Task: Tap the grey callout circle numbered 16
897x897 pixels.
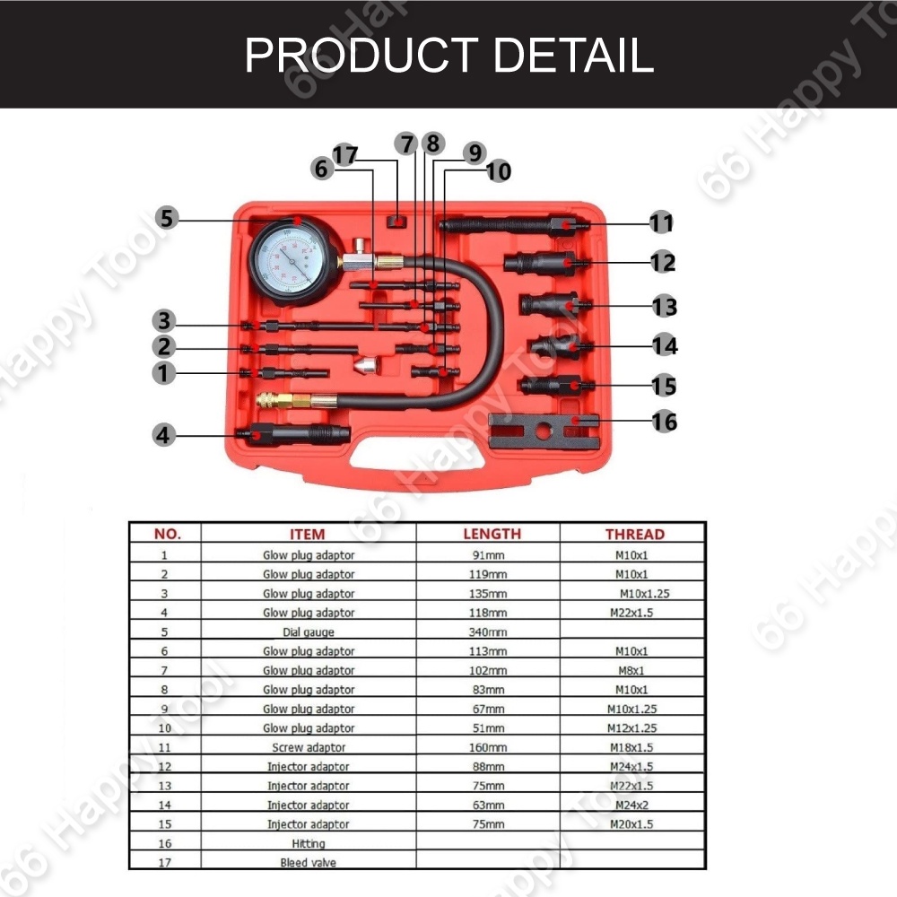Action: click(x=665, y=421)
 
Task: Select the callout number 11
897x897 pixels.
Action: click(x=662, y=222)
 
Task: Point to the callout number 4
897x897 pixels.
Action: click(x=162, y=435)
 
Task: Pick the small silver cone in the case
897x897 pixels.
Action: click(x=367, y=366)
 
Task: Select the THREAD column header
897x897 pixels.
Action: click(x=634, y=534)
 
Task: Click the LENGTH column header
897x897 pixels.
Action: click(x=491, y=534)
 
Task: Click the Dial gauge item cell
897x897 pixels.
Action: click(x=309, y=631)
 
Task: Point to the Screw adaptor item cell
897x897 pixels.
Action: click(x=309, y=747)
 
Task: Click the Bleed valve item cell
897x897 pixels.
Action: click(x=309, y=863)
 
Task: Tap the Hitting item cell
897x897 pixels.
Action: click(x=309, y=843)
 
